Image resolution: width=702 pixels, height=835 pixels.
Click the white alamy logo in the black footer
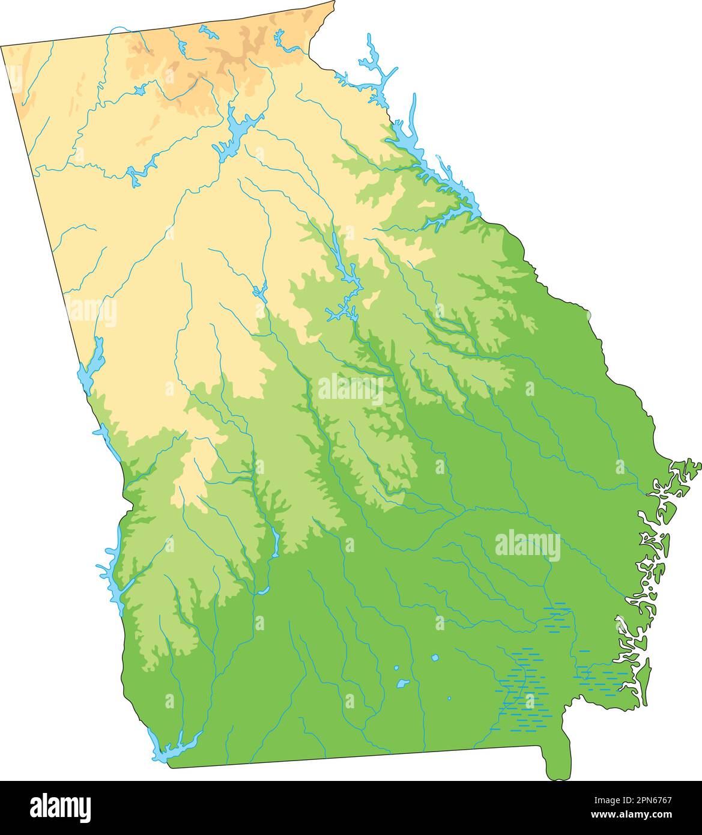click(60, 806)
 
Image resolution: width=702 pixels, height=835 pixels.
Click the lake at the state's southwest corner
click(174, 748)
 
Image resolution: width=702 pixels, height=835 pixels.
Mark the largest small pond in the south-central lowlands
click(402, 684)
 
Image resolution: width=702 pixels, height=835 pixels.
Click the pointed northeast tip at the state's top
click(333, 3)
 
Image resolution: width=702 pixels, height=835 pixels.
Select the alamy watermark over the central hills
click(351, 390)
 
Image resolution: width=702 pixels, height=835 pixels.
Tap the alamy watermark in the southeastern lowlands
click(527, 545)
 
